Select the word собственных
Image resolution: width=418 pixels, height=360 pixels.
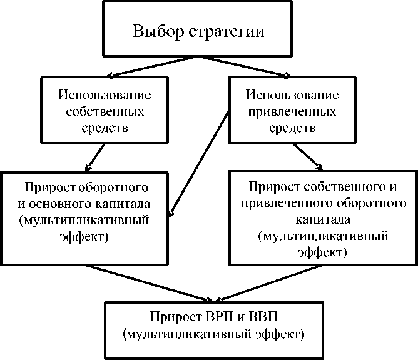104,112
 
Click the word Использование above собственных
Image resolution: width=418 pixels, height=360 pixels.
105,96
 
